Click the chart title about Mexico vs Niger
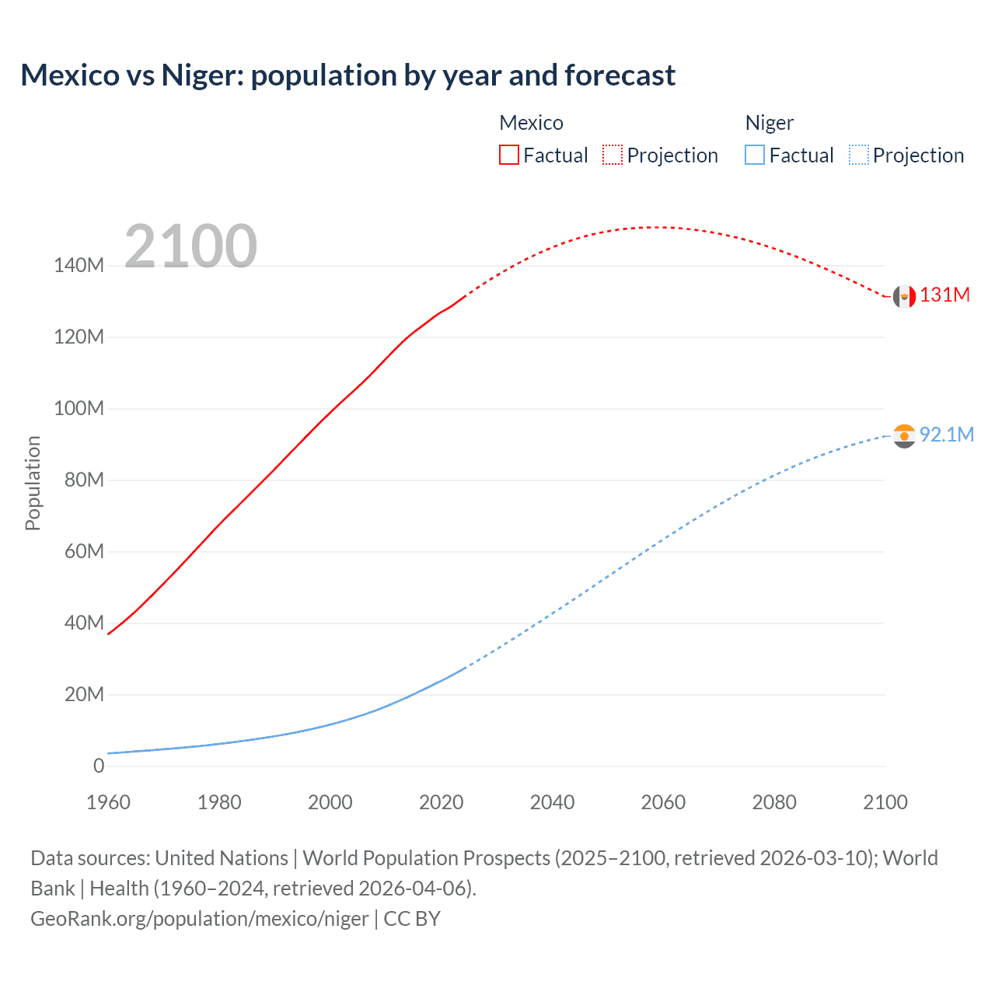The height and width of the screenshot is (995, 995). click(347, 75)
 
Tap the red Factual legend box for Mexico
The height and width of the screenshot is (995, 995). click(508, 155)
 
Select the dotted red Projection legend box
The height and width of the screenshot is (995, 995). click(613, 155)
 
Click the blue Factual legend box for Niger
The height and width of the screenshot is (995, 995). click(755, 155)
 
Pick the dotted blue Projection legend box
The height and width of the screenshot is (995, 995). click(859, 155)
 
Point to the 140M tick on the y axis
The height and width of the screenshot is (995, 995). click(79, 265)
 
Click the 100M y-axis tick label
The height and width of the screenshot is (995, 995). click(79, 408)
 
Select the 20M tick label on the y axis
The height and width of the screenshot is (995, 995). click(84, 694)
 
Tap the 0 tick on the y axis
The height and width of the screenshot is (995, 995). click(99, 766)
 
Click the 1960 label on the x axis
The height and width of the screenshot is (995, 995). click(108, 802)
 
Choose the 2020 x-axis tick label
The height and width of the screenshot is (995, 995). click(441, 802)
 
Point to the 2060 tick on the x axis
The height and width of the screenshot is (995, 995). click(663, 802)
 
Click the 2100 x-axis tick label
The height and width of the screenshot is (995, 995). click(885, 802)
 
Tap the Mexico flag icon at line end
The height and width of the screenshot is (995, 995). click(904, 296)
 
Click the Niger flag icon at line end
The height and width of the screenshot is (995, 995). click(904, 436)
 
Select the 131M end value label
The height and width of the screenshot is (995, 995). click(944, 295)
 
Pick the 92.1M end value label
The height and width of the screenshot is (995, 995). click(946, 435)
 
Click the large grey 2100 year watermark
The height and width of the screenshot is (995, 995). click(190, 246)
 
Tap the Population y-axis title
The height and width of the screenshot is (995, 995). click(33, 483)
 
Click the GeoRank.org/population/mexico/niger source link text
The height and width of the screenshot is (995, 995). click(199, 918)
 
